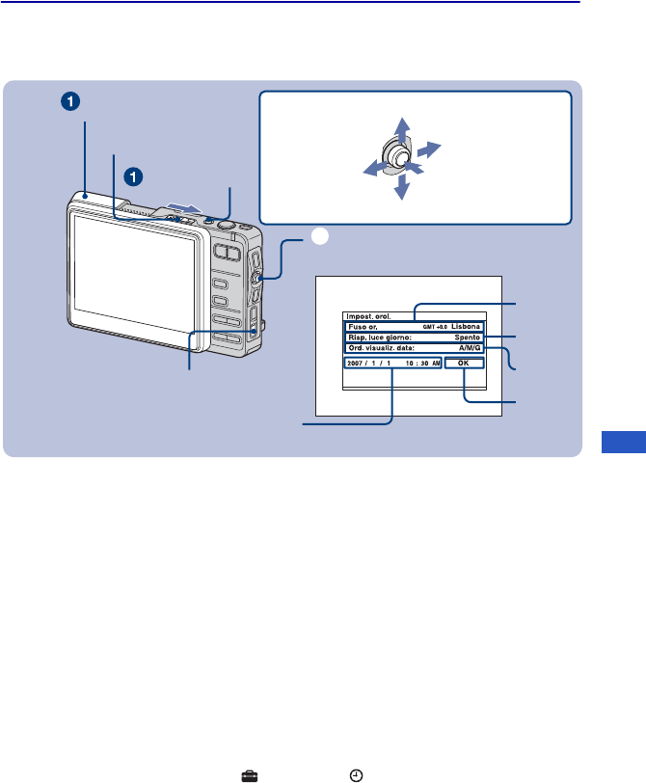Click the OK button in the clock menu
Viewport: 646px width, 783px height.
(x=463, y=363)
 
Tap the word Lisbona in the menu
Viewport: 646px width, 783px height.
(x=465, y=327)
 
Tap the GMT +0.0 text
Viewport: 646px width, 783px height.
(x=435, y=327)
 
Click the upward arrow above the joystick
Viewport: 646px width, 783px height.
(x=404, y=129)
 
